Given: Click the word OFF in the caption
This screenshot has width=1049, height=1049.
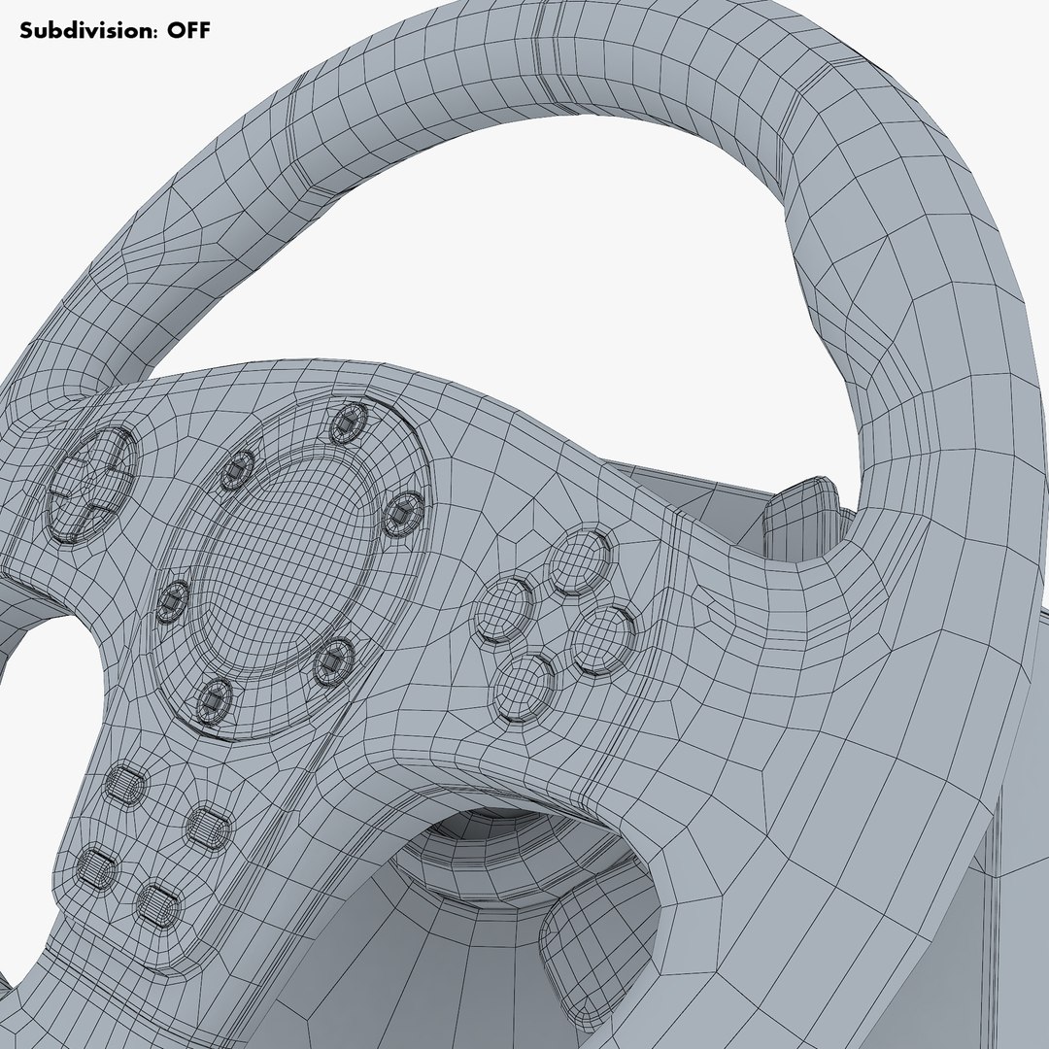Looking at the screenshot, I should tap(187, 30).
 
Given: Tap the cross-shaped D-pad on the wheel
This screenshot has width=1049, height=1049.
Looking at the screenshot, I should tap(92, 482).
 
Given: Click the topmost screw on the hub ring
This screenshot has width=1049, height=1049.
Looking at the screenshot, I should tap(347, 423).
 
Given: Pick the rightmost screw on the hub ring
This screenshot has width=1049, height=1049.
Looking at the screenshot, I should tap(403, 512).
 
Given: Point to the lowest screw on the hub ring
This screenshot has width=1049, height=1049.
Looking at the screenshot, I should tap(215, 697).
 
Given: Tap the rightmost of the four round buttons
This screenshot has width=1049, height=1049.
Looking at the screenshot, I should tap(602, 639).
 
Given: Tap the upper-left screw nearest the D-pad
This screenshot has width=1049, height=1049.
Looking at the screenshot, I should tap(236, 470).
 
